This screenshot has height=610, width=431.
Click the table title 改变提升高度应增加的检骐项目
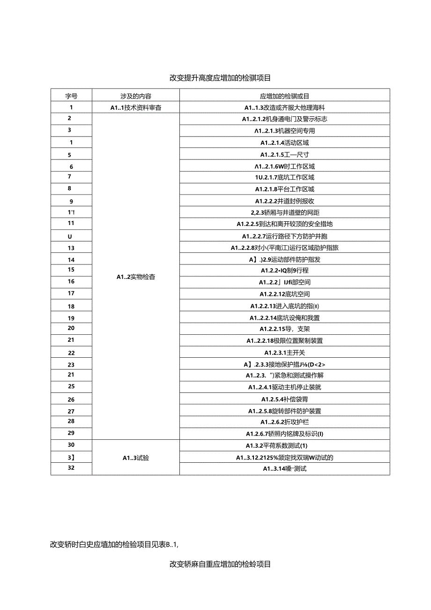tap(220, 78)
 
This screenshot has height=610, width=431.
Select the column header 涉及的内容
tap(136, 96)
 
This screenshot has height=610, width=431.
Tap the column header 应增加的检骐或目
tap(284, 96)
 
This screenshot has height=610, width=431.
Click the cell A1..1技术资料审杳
tap(136, 107)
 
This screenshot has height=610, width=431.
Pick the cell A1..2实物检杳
tap(136, 277)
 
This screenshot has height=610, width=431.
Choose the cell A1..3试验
tap(136, 458)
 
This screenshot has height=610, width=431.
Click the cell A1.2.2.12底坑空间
tap(284, 294)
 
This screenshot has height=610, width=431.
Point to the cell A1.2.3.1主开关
tap(284, 353)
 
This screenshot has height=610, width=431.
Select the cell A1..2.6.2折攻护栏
tap(284, 422)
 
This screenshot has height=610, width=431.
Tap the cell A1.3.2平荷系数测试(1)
tap(284, 445)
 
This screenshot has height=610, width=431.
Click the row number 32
tap(71, 468)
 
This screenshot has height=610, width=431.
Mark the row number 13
tap(71, 248)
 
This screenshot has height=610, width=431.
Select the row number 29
tap(71, 433)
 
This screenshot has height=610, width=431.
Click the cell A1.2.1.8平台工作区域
tap(284, 189)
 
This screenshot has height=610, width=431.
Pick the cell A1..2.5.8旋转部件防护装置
tap(284, 411)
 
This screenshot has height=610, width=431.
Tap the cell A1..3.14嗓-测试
tap(284, 468)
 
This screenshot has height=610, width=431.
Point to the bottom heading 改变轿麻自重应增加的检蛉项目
tap(220, 564)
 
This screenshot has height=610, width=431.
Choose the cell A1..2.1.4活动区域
tap(284, 143)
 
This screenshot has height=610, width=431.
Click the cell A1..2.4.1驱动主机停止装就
tap(284, 387)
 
